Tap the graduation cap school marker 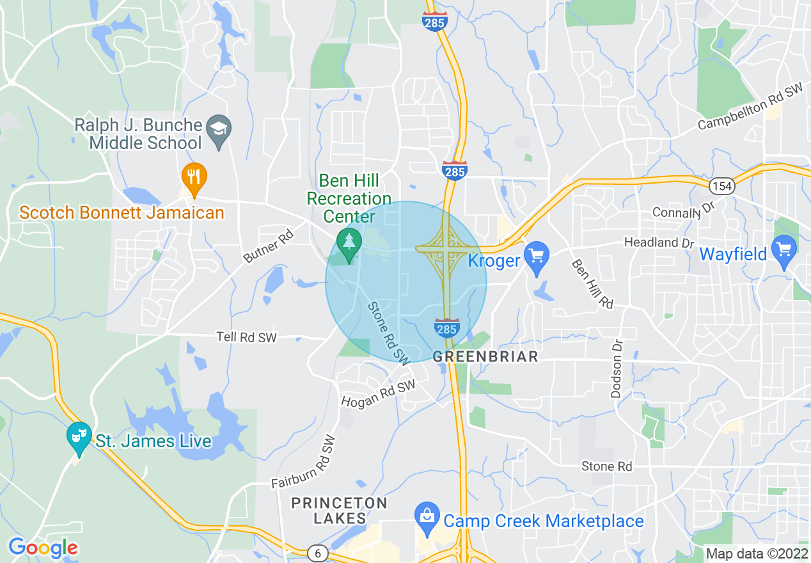click(x=220, y=130)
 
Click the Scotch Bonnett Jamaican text click(x=122, y=212)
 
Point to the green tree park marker click(x=349, y=244)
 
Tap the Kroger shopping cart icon click(x=537, y=257)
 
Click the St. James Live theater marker click(x=79, y=436)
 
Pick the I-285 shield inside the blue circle click(x=446, y=328)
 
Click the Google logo click(x=43, y=548)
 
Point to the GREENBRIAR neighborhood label click(x=485, y=357)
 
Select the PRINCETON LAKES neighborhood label click(x=339, y=511)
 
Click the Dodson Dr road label click(x=617, y=368)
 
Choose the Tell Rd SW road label click(x=246, y=337)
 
